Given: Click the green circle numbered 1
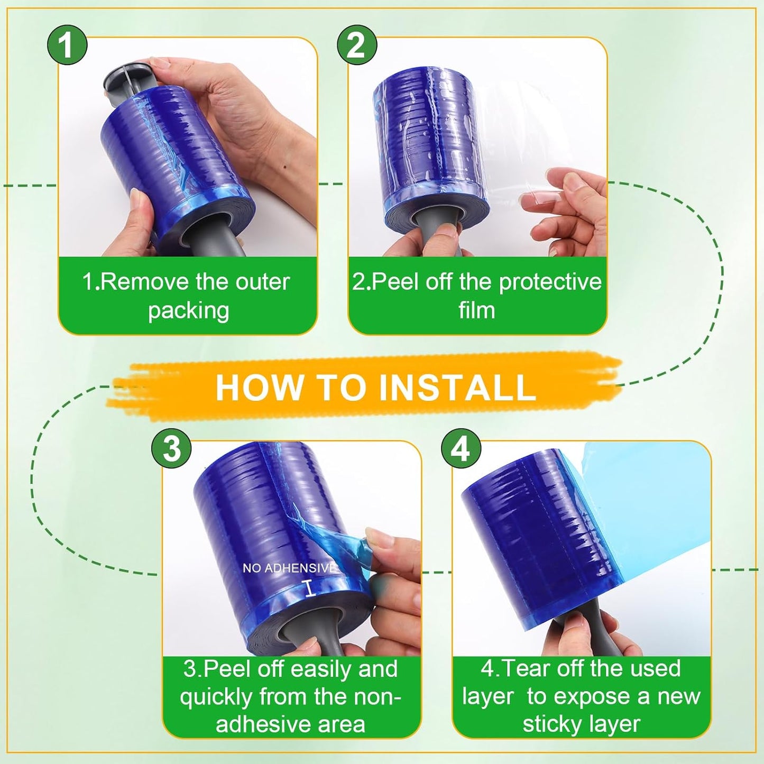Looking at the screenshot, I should pyautogui.click(x=67, y=44).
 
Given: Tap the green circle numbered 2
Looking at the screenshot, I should pyautogui.click(x=357, y=44).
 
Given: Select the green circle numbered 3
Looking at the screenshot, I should pyautogui.click(x=171, y=448).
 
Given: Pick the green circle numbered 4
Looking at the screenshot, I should pyautogui.click(x=461, y=448).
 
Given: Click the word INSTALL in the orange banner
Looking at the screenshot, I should pyautogui.click(x=457, y=388).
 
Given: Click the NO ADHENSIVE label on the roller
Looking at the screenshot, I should pyautogui.click(x=289, y=568).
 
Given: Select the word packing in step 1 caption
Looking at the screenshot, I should pyautogui.click(x=188, y=310).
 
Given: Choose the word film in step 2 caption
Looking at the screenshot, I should pyautogui.click(x=476, y=310).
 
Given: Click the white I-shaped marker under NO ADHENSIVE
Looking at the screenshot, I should pyautogui.click(x=310, y=588).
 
